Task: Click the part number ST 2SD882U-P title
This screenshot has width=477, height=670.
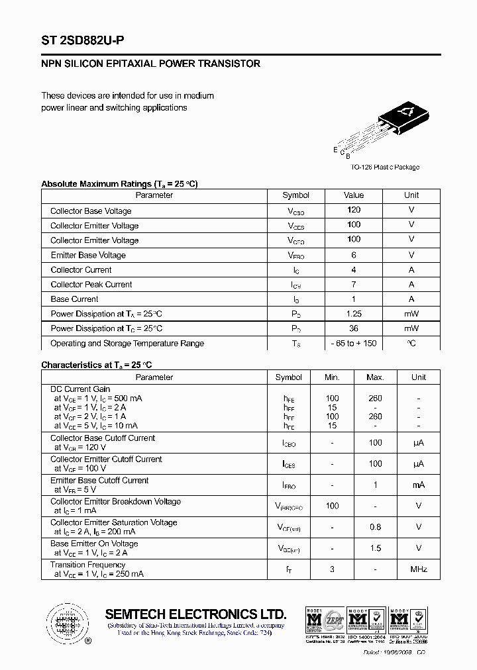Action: click(x=82, y=40)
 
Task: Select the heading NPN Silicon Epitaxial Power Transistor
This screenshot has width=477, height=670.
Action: click(x=150, y=64)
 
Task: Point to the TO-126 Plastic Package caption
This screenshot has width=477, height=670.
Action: click(x=385, y=167)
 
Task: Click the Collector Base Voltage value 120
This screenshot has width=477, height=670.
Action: click(x=354, y=210)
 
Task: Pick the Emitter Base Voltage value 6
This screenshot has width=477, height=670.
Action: click(x=354, y=255)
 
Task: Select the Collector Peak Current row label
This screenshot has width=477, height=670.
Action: click(x=91, y=285)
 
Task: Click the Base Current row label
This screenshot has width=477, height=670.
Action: click(x=74, y=299)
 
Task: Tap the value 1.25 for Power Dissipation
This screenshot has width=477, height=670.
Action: click(x=354, y=314)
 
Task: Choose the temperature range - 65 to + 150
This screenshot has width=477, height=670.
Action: click(x=354, y=344)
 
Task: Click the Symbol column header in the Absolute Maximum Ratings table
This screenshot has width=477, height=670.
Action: click(x=295, y=195)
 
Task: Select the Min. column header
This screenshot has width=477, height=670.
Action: click(x=332, y=377)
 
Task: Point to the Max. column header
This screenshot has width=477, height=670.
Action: click(x=375, y=377)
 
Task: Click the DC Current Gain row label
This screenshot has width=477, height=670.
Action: click(x=80, y=389)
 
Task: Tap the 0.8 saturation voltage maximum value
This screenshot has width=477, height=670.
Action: click(x=375, y=527)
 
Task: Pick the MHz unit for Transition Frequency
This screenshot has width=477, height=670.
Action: click(x=419, y=569)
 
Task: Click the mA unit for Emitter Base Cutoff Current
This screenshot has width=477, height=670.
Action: click(x=419, y=485)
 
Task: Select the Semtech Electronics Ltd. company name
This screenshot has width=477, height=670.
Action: click(x=195, y=614)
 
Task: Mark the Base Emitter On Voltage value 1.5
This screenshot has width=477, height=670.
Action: click(x=375, y=548)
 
